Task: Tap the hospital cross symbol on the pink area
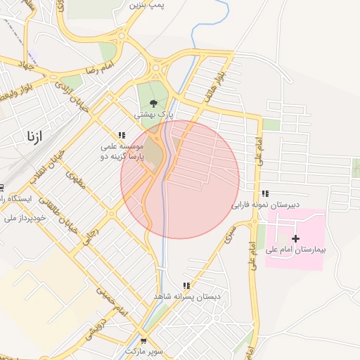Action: pos(295,239)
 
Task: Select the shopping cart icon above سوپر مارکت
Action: pos(144,340)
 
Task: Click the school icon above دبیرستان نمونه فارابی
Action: pos(265,193)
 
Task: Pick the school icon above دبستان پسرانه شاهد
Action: pos(186,286)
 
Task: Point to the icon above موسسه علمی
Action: pos(122,135)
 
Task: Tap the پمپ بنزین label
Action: pos(147,5)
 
